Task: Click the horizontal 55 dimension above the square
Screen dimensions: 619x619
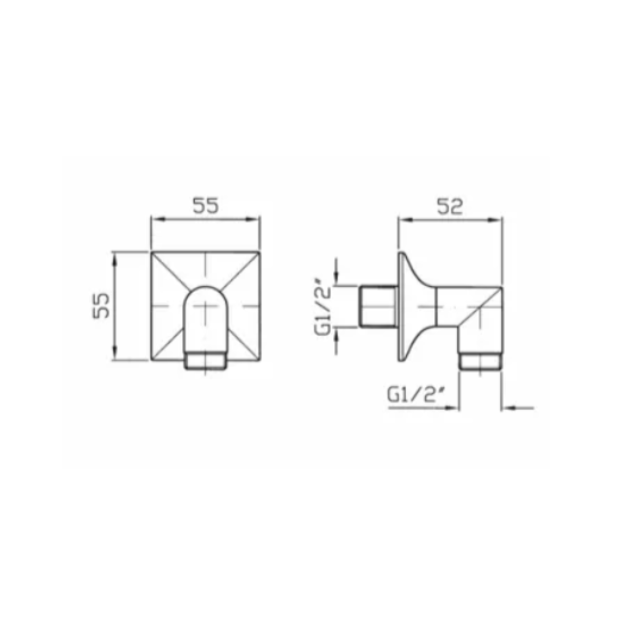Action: (x=206, y=206)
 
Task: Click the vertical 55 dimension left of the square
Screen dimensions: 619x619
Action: (x=101, y=306)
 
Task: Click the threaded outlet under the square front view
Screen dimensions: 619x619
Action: (x=206, y=361)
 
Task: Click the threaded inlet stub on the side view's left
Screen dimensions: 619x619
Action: (x=378, y=307)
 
